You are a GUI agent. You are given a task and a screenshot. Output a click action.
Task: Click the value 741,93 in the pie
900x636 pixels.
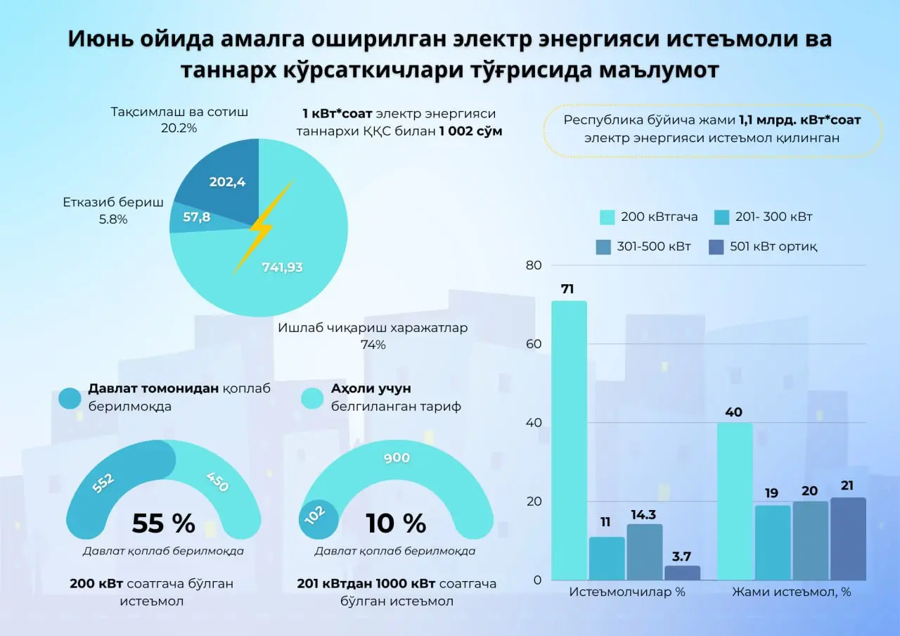[x=282, y=267]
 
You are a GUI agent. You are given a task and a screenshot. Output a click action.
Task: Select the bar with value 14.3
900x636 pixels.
[x=645, y=552]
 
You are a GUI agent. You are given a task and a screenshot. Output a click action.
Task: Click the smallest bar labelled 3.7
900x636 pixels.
[x=682, y=573]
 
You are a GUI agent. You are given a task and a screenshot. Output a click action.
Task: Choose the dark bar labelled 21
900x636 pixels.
[x=848, y=539]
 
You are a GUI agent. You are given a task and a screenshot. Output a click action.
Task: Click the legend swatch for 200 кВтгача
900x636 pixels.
[x=607, y=217]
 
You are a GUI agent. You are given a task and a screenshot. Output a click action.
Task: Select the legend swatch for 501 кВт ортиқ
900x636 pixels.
[x=716, y=247]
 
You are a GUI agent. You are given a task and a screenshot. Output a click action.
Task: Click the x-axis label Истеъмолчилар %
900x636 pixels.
[x=627, y=592]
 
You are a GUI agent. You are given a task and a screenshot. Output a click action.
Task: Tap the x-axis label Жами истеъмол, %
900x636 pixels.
[x=791, y=592]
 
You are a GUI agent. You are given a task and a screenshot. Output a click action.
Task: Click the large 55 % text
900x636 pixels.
[x=163, y=523]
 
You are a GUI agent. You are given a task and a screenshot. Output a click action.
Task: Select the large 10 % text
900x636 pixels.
[x=396, y=523]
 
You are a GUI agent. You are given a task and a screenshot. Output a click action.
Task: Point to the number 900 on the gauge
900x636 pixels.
[x=397, y=458]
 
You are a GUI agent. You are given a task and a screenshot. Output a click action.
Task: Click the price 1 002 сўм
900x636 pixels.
[x=470, y=131]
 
